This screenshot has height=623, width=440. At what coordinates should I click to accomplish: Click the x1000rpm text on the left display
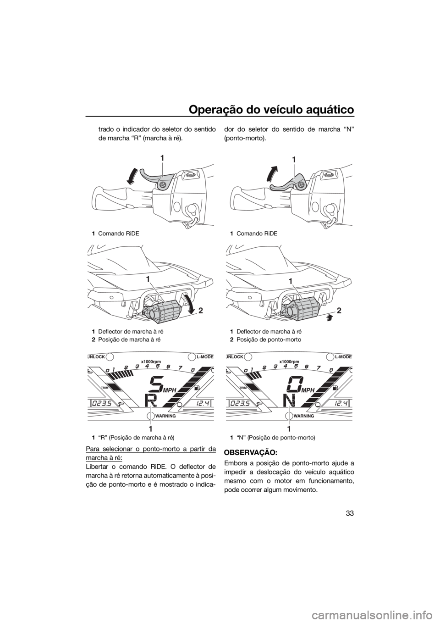pyautogui.click(x=151, y=361)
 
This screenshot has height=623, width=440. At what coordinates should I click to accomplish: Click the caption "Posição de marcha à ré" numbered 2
pyautogui.click(x=126, y=339)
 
